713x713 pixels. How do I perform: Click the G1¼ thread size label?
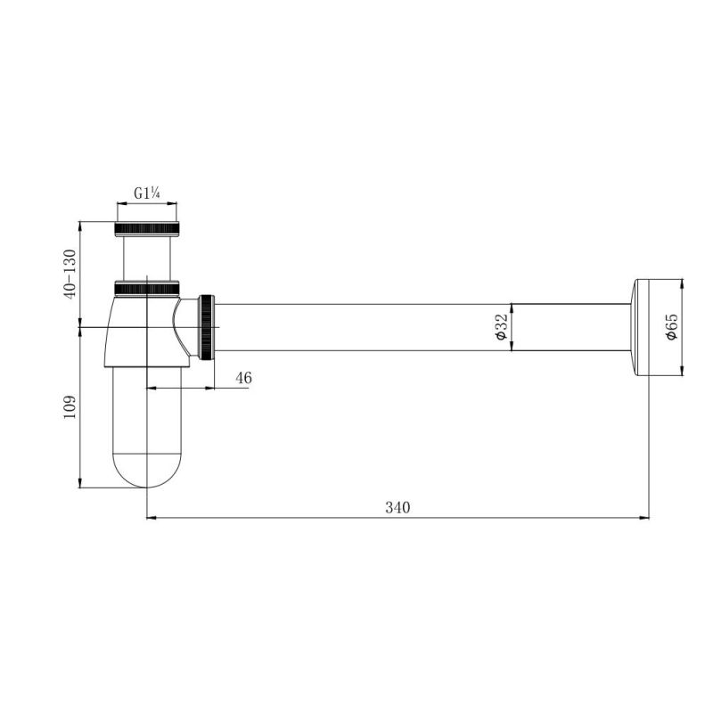pos(147,193)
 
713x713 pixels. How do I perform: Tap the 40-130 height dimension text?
pos(70,275)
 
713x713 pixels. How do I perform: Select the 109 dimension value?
pos(70,407)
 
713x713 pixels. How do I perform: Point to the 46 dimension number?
pos(243,377)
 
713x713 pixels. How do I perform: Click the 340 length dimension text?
pos(397,507)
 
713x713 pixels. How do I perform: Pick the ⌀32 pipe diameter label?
pos(501,327)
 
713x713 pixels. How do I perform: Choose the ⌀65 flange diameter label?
pos(671,326)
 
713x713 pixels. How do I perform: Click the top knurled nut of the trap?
pos(147,229)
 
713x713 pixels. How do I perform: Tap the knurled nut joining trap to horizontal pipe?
pos(206,327)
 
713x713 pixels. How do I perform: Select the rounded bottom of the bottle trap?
pos(147,470)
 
